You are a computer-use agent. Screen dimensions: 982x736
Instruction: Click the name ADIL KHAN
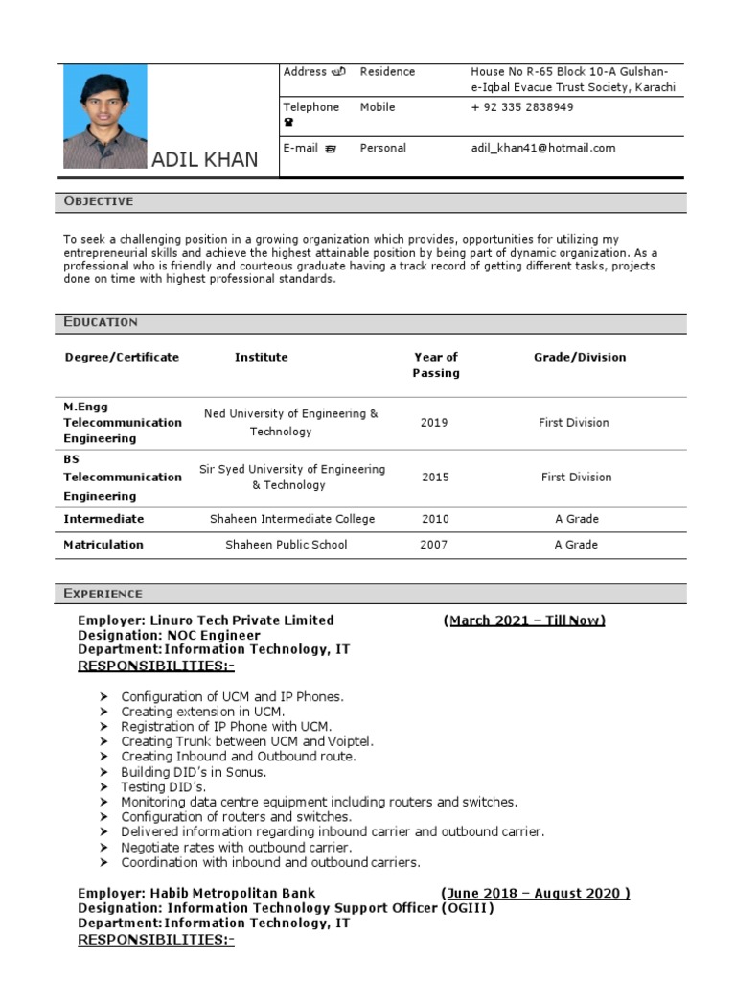204,159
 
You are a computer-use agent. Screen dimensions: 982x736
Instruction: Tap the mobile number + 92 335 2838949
521,107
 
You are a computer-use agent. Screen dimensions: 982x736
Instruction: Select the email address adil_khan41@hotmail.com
542,148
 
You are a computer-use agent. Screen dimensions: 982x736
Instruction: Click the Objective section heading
99,201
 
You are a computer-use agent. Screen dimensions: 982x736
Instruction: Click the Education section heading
101,322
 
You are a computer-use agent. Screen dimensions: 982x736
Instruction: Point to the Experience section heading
103,594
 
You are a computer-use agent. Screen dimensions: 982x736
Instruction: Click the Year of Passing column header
435,364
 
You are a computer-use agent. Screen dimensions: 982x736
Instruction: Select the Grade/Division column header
579,357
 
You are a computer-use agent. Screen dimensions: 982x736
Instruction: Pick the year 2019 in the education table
433,423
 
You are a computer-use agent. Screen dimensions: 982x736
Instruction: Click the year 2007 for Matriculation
433,545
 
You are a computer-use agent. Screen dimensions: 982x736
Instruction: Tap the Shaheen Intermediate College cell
292,519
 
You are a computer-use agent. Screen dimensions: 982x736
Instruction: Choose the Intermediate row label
103,519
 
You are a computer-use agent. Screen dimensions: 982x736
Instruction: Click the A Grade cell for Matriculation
576,545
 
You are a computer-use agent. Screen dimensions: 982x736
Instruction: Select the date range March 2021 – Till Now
526,620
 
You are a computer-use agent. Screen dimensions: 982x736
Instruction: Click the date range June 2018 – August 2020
535,893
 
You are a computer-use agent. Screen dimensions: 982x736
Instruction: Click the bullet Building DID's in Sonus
194,771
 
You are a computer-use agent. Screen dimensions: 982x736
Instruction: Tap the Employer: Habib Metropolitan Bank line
196,893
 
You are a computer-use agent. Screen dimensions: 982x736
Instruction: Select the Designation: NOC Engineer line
169,635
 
